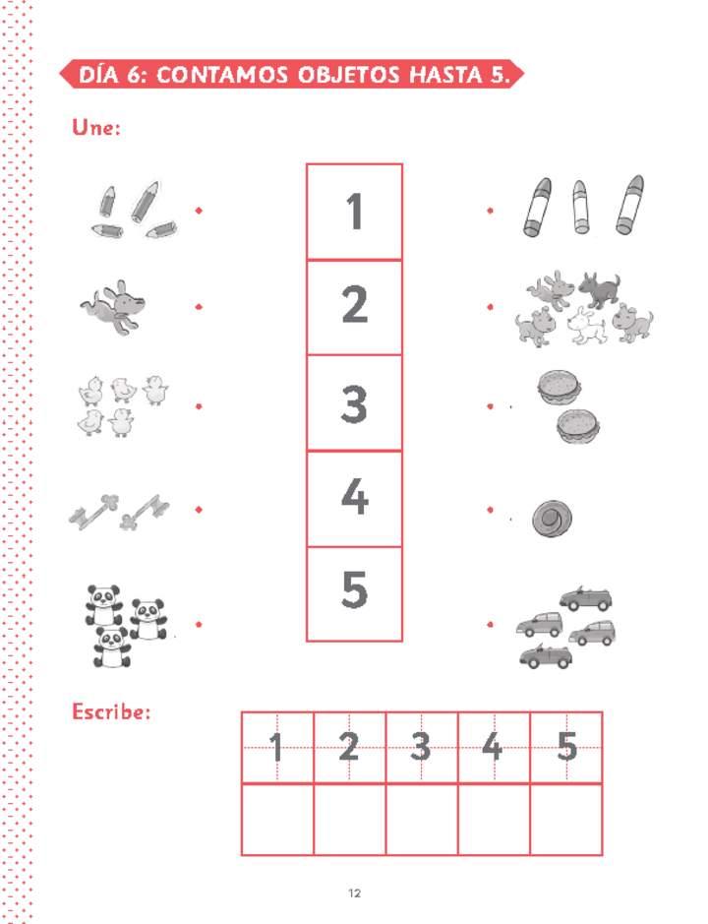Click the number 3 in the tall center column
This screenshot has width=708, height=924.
click(353, 404)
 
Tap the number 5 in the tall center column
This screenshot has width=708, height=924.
click(354, 588)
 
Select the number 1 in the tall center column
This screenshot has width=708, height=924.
click(354, 212)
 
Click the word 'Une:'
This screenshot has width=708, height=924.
click(96, 127)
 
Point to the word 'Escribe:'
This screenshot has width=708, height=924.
click(111, 711)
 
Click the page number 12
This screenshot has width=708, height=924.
click(354, 893)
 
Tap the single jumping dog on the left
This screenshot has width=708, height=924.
click(114, 307)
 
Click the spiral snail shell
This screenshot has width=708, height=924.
click(552, 519)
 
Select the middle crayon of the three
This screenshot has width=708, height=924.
click(580, 207)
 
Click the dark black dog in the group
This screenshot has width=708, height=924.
click(599, 288)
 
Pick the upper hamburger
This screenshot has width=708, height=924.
click(559, 387)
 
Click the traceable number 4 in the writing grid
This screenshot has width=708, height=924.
click(493, 747)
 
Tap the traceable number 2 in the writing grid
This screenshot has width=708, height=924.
click(349, 747)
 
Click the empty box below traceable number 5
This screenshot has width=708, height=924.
click(566, 819)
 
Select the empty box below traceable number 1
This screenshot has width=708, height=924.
click(277, 819)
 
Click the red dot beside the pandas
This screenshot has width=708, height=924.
click(199, 624)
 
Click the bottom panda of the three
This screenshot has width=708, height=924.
click(111, 647)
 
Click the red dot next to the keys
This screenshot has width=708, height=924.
click(199, 509)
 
